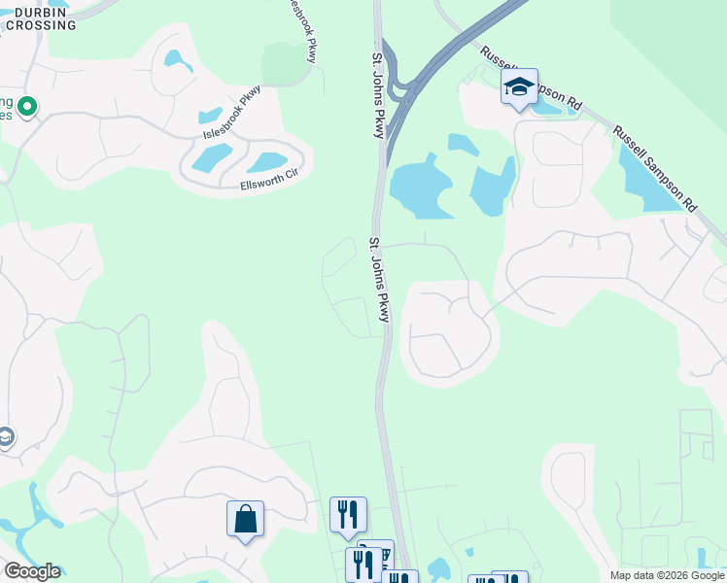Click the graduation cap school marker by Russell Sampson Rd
pyautogui.click(x=519, y=87)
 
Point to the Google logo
pyautogui.click(x=31, y=571)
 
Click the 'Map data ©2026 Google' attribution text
pyautogui.click(x=667, y=575)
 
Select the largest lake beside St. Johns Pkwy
pyautogui.click(x=420, y=185)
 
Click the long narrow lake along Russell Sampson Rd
pyautogui.click(x=649, y=179)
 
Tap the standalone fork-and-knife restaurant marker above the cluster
pyautogui.click(x=348, y=514)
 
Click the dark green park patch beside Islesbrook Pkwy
pyautogui.click(x=287, y=63)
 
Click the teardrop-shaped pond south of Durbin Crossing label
pyautogui.click(x=179, y=60)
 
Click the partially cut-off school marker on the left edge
pyautogui.click(x=5, y=439)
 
